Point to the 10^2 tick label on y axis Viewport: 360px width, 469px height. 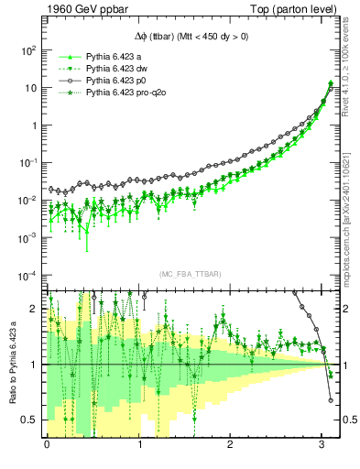point(28,50)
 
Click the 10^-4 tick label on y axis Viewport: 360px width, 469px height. point(27,276)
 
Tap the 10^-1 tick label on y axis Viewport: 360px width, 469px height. point(27,163)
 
